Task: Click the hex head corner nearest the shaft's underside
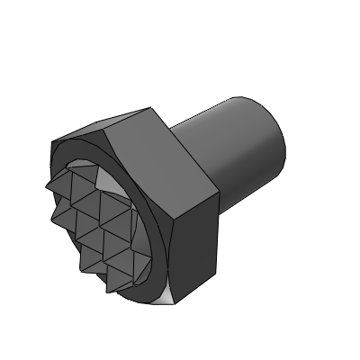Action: point(220,193)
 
